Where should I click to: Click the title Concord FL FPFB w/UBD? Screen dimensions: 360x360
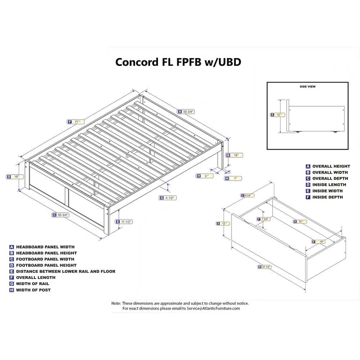178,62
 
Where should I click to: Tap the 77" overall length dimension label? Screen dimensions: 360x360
76,122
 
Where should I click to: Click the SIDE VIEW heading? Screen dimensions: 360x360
307,87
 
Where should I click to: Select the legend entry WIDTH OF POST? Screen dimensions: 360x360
33,290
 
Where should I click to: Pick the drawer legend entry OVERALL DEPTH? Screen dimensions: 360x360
330,179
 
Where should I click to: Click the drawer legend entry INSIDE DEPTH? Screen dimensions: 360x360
328,197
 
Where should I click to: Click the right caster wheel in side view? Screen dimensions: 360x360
336,132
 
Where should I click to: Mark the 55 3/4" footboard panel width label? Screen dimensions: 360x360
60,215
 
